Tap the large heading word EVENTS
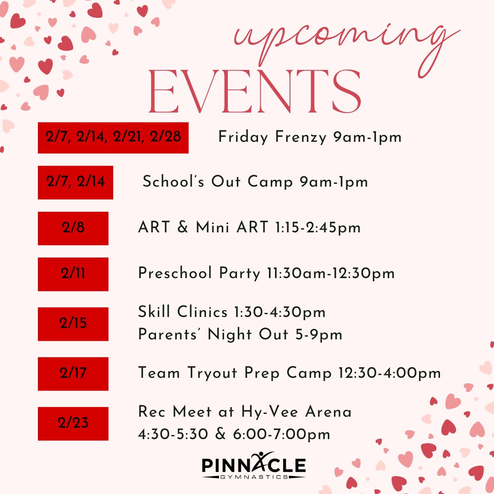[255, 93]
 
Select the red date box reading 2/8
[73, 228]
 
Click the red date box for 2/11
[73, 274]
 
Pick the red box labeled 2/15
[73, 324]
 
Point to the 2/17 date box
[73, 374]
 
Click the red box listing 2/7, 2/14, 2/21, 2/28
[113, 138]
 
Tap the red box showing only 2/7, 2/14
[75, 183]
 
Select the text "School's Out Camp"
[218, 182]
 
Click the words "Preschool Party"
[199, 274]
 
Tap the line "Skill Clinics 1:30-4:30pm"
[232, 312]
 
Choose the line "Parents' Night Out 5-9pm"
[240, 335]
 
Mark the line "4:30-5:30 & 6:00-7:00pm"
[234, 434]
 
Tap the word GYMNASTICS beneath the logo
[254, 477]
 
